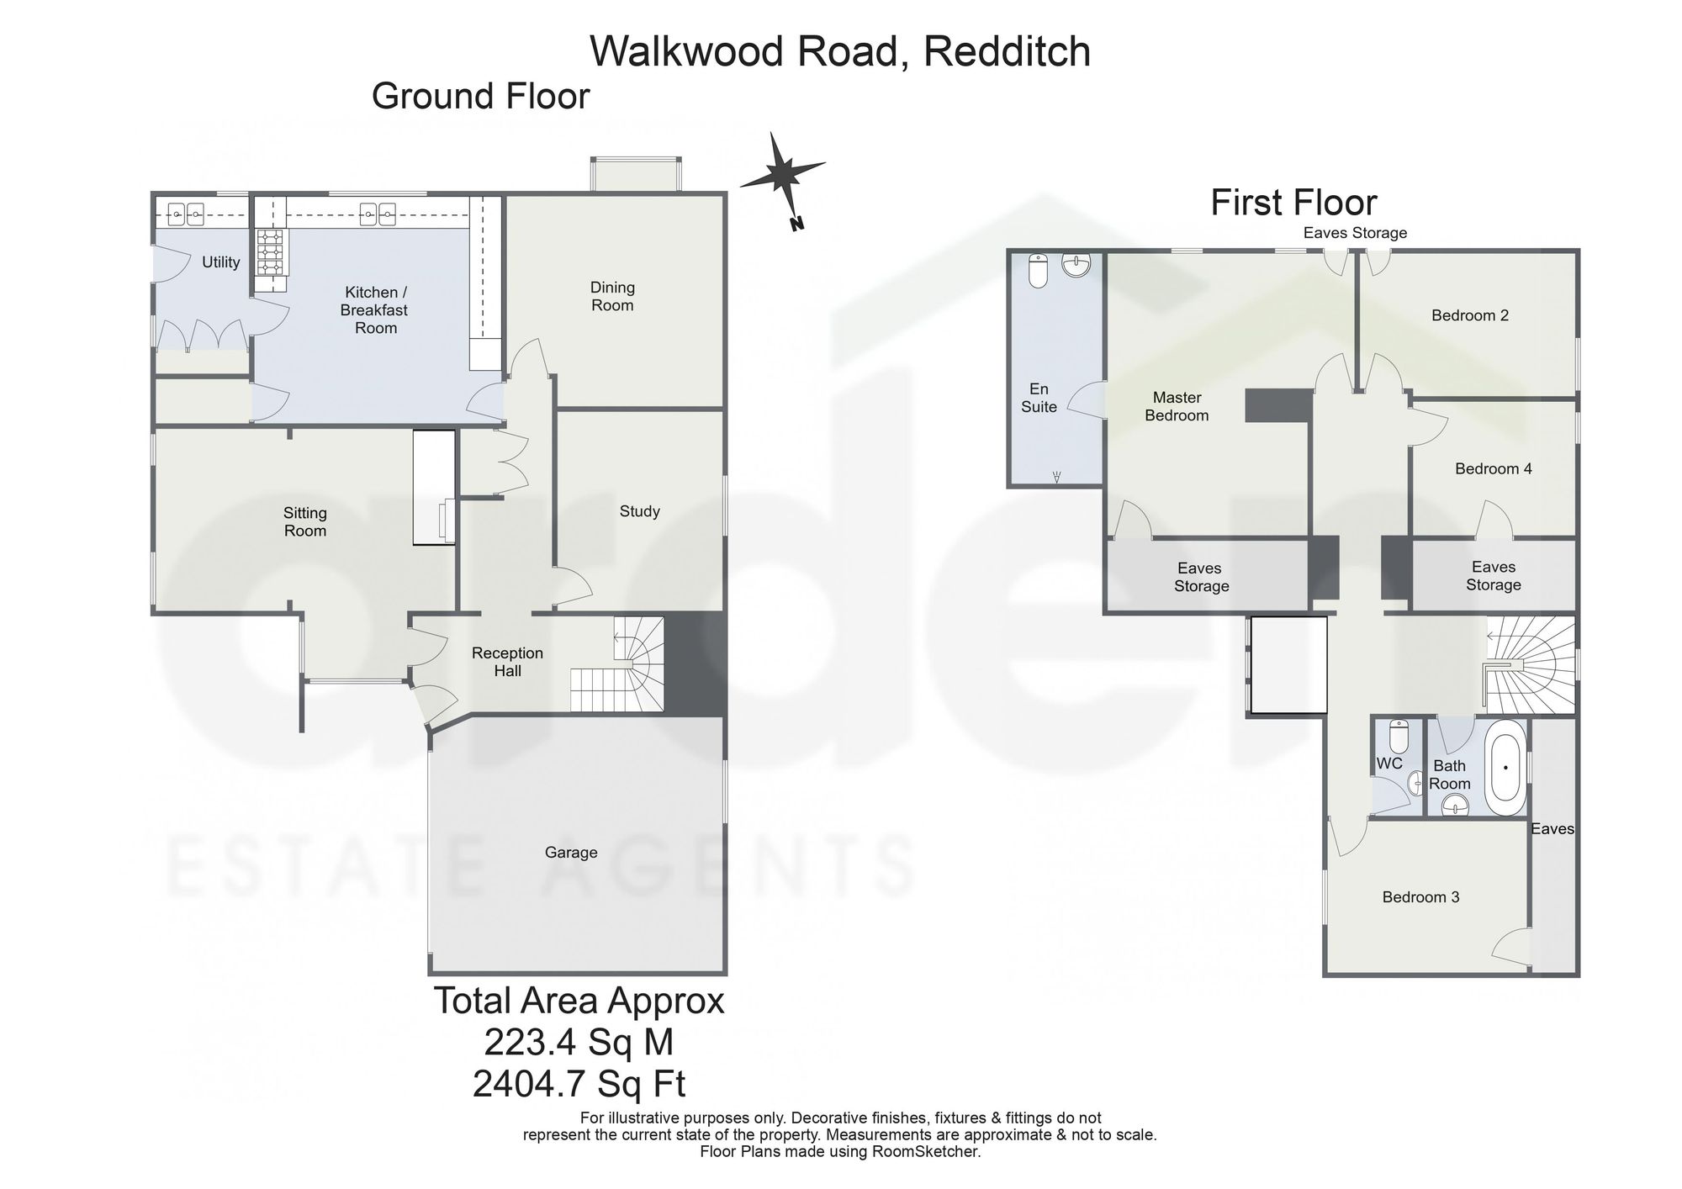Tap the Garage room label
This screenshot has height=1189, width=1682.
coord(571,853)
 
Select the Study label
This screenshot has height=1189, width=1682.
coord(639,511)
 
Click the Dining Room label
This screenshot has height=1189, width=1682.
coord(612,296)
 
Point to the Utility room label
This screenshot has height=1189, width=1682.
coord(221,262)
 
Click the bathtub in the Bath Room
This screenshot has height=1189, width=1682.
coord(1505,767)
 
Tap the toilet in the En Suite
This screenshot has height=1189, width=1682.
coord(1038,270)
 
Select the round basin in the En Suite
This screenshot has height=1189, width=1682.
coord(1076,265)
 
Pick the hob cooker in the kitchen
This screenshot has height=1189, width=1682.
coord(271,252)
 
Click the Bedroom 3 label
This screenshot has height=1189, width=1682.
coord(1420,897)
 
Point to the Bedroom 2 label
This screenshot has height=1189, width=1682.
coord(1470,315)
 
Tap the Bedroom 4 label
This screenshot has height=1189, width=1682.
coord(1494,468)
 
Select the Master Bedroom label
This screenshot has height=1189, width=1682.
coord(1177,406)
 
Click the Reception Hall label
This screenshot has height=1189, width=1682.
coord(507,662)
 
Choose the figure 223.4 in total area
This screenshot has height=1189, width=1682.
coord(530,1043)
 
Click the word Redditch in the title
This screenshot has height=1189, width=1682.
coord(1008,51)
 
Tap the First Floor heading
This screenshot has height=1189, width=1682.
coord(1293,203)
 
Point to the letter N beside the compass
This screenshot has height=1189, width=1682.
coord(796,224)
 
